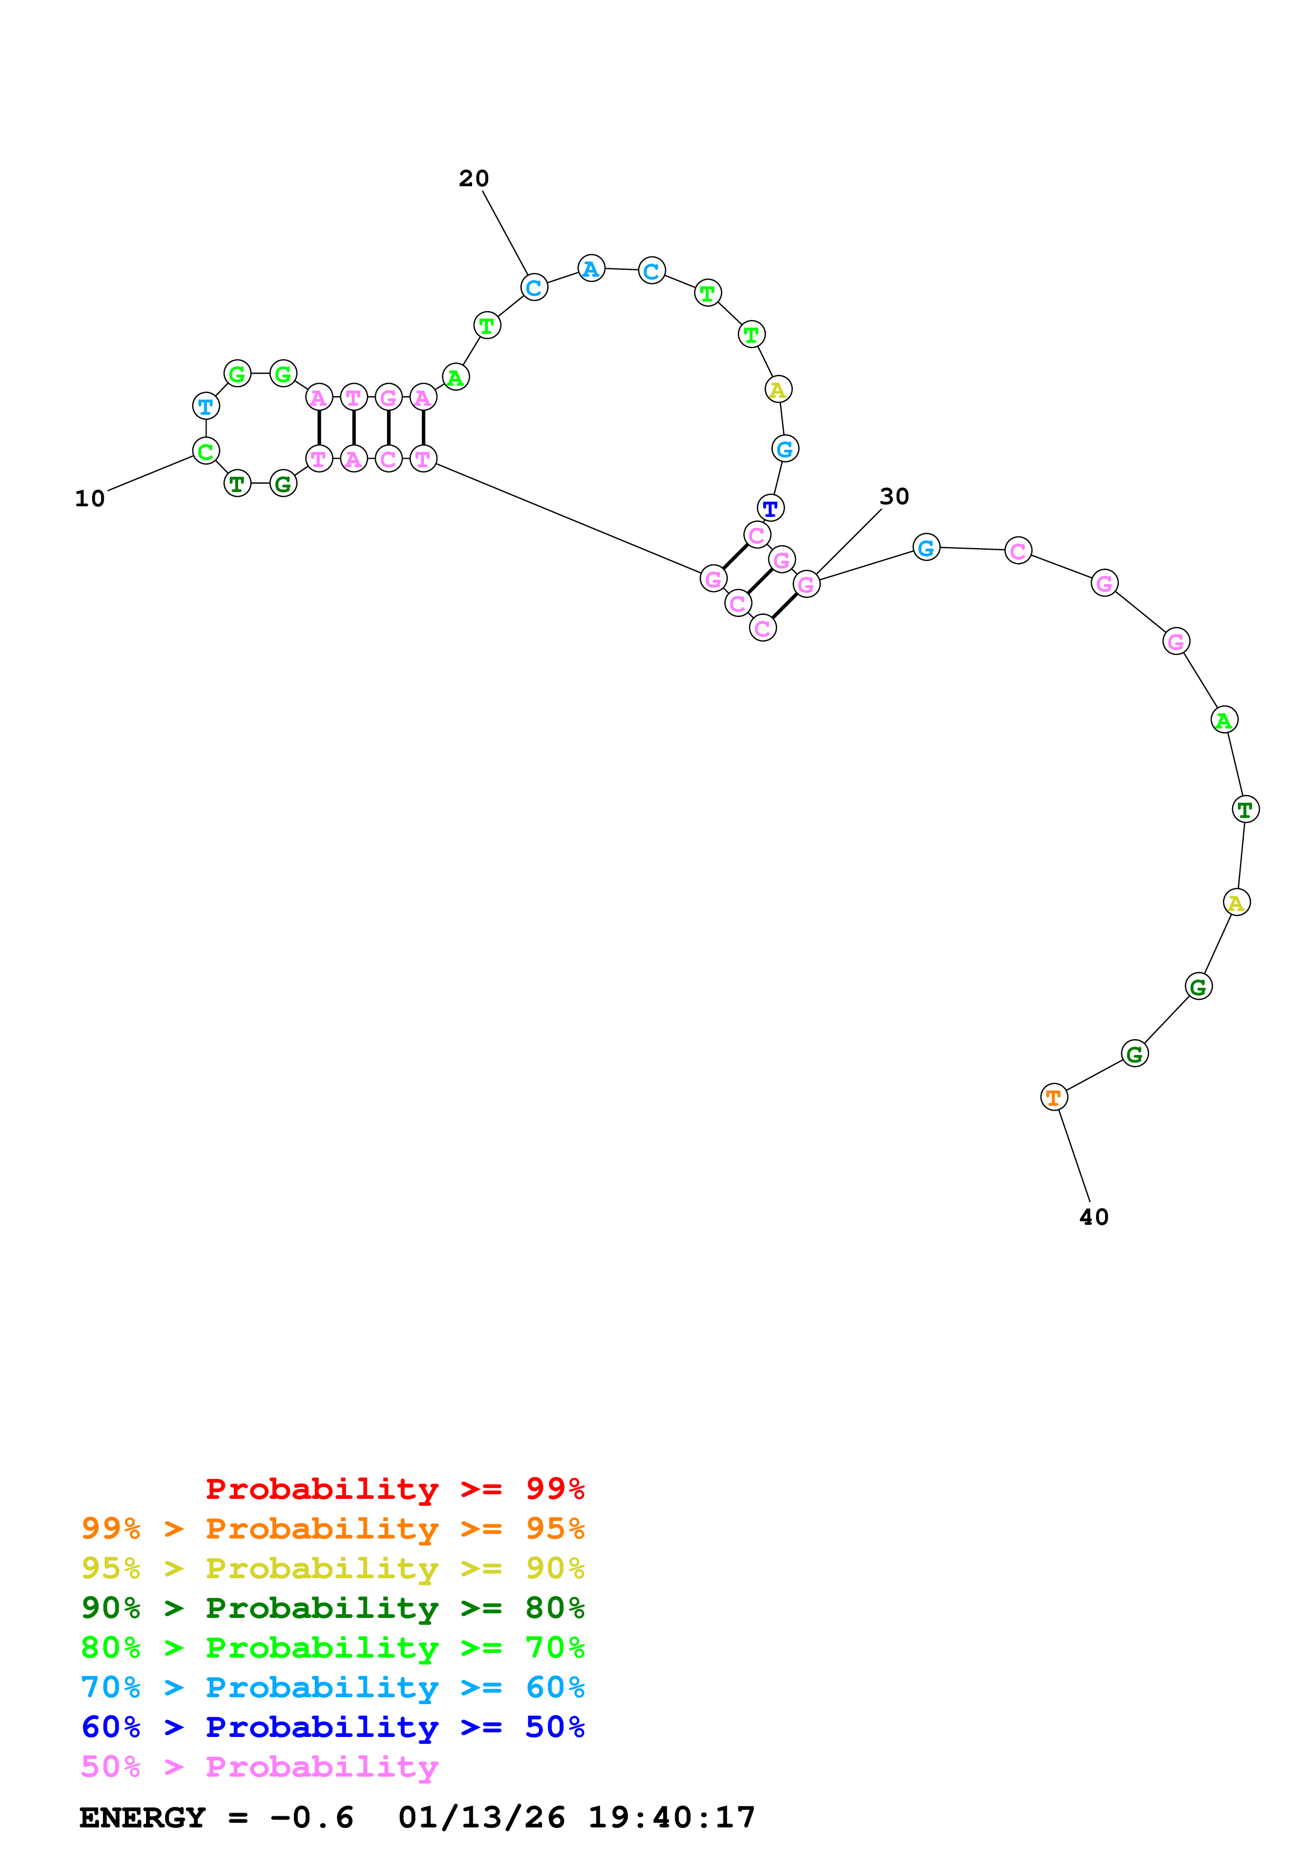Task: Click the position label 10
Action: pos(90,499)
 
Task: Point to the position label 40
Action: pos(1094,1216)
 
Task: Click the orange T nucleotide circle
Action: pos(1053,1097)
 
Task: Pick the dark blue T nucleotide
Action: pos(771,508)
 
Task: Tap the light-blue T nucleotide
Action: pos(206,406)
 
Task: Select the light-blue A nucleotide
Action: pos(591,268)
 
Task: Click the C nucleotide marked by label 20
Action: pos(533,287)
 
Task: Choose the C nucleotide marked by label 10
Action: pos(206,451)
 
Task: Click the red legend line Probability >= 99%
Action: pos(394,1489)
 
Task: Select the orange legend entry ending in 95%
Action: pos(332,1529)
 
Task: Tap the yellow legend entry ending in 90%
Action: pos(332,1568)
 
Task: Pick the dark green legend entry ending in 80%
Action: pos(332,1608)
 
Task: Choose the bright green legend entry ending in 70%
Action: pos(332,1648)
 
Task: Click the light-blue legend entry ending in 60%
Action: pos(332,1687)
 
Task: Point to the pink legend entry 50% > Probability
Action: pos(259,1766)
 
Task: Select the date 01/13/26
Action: pos(482,1818)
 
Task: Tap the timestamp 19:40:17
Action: pos(671,1818)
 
